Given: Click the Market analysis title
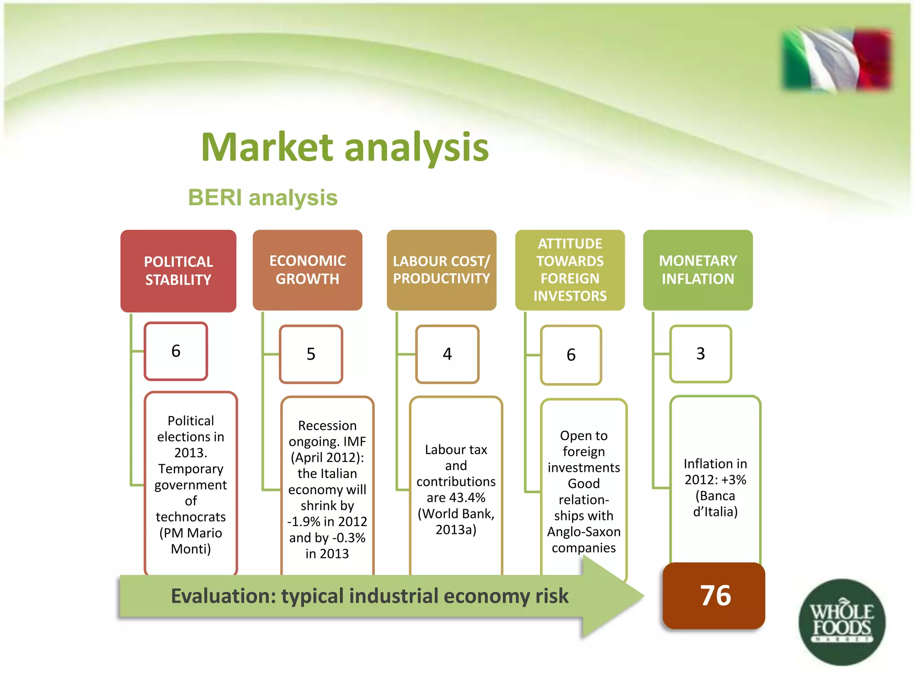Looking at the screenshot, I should (x=345, y=147).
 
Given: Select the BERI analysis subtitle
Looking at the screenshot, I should (x=262, y=198).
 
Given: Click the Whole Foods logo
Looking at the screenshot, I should (x=842, y=622).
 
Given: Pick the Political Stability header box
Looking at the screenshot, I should (x=178, y=271).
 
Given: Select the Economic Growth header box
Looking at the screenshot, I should (x=307, y=270).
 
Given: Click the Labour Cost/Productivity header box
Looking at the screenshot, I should (x=441, y=270).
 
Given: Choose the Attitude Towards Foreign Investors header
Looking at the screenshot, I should (x=570, y=270).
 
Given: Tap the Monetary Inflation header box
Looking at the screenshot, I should (x=698, y=270).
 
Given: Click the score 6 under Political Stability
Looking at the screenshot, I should (x=176, y=351).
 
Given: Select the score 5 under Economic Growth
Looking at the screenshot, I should (x=311, y=354).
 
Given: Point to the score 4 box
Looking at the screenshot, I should (x=447, y=354).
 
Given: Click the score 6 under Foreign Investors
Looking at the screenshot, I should (x=571, y=355).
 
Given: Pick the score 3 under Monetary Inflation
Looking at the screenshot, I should (x=700, y=354).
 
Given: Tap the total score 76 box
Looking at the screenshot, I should (x=715, y=596).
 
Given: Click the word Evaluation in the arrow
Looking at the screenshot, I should (x=223, y=596).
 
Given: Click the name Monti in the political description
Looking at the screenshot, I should (x=191, y=549).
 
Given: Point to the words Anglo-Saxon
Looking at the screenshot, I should (x=584, y=532).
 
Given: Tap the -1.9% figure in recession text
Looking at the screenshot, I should (x=303, y=521).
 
